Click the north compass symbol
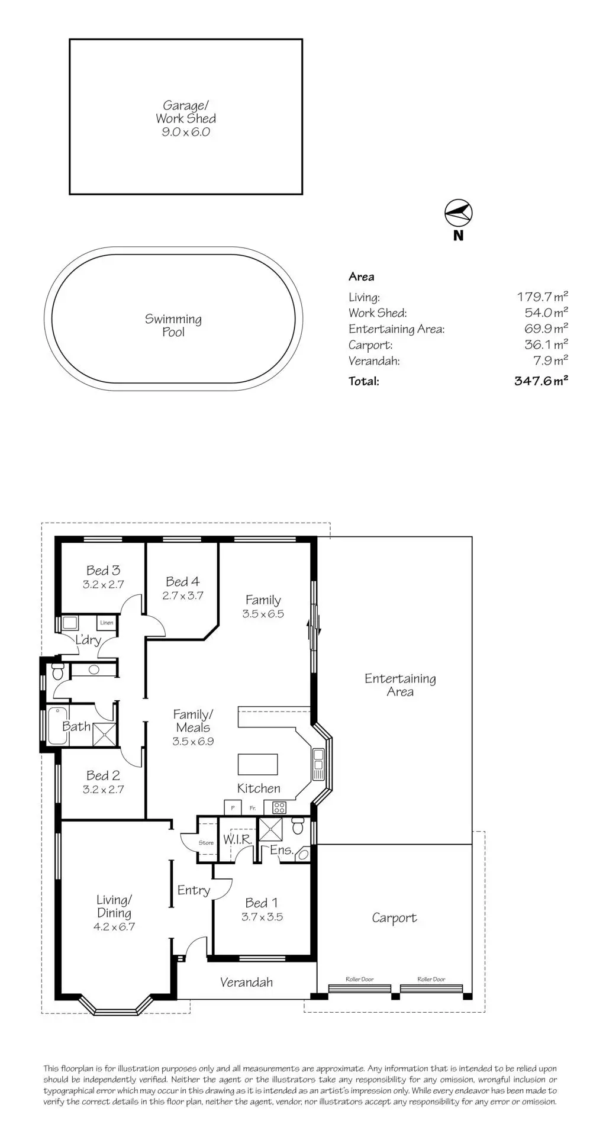click(459, 214)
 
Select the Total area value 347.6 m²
click(541, 381)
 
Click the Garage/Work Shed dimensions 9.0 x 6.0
click(186, 132)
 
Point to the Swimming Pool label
click(173, 326)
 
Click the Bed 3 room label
click(103, 571)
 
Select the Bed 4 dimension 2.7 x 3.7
click(182, 595)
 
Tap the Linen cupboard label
click(107, 623)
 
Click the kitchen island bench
click(258, 764)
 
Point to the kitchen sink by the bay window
click(318, 764)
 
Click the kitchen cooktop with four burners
click(279, 807)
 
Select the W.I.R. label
click(237, 839)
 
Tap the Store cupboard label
click(206, 843)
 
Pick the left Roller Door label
click(360, 979)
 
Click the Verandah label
click(246, 983)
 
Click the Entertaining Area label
click(400, 685)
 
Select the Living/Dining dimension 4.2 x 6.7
click(114, 927)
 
